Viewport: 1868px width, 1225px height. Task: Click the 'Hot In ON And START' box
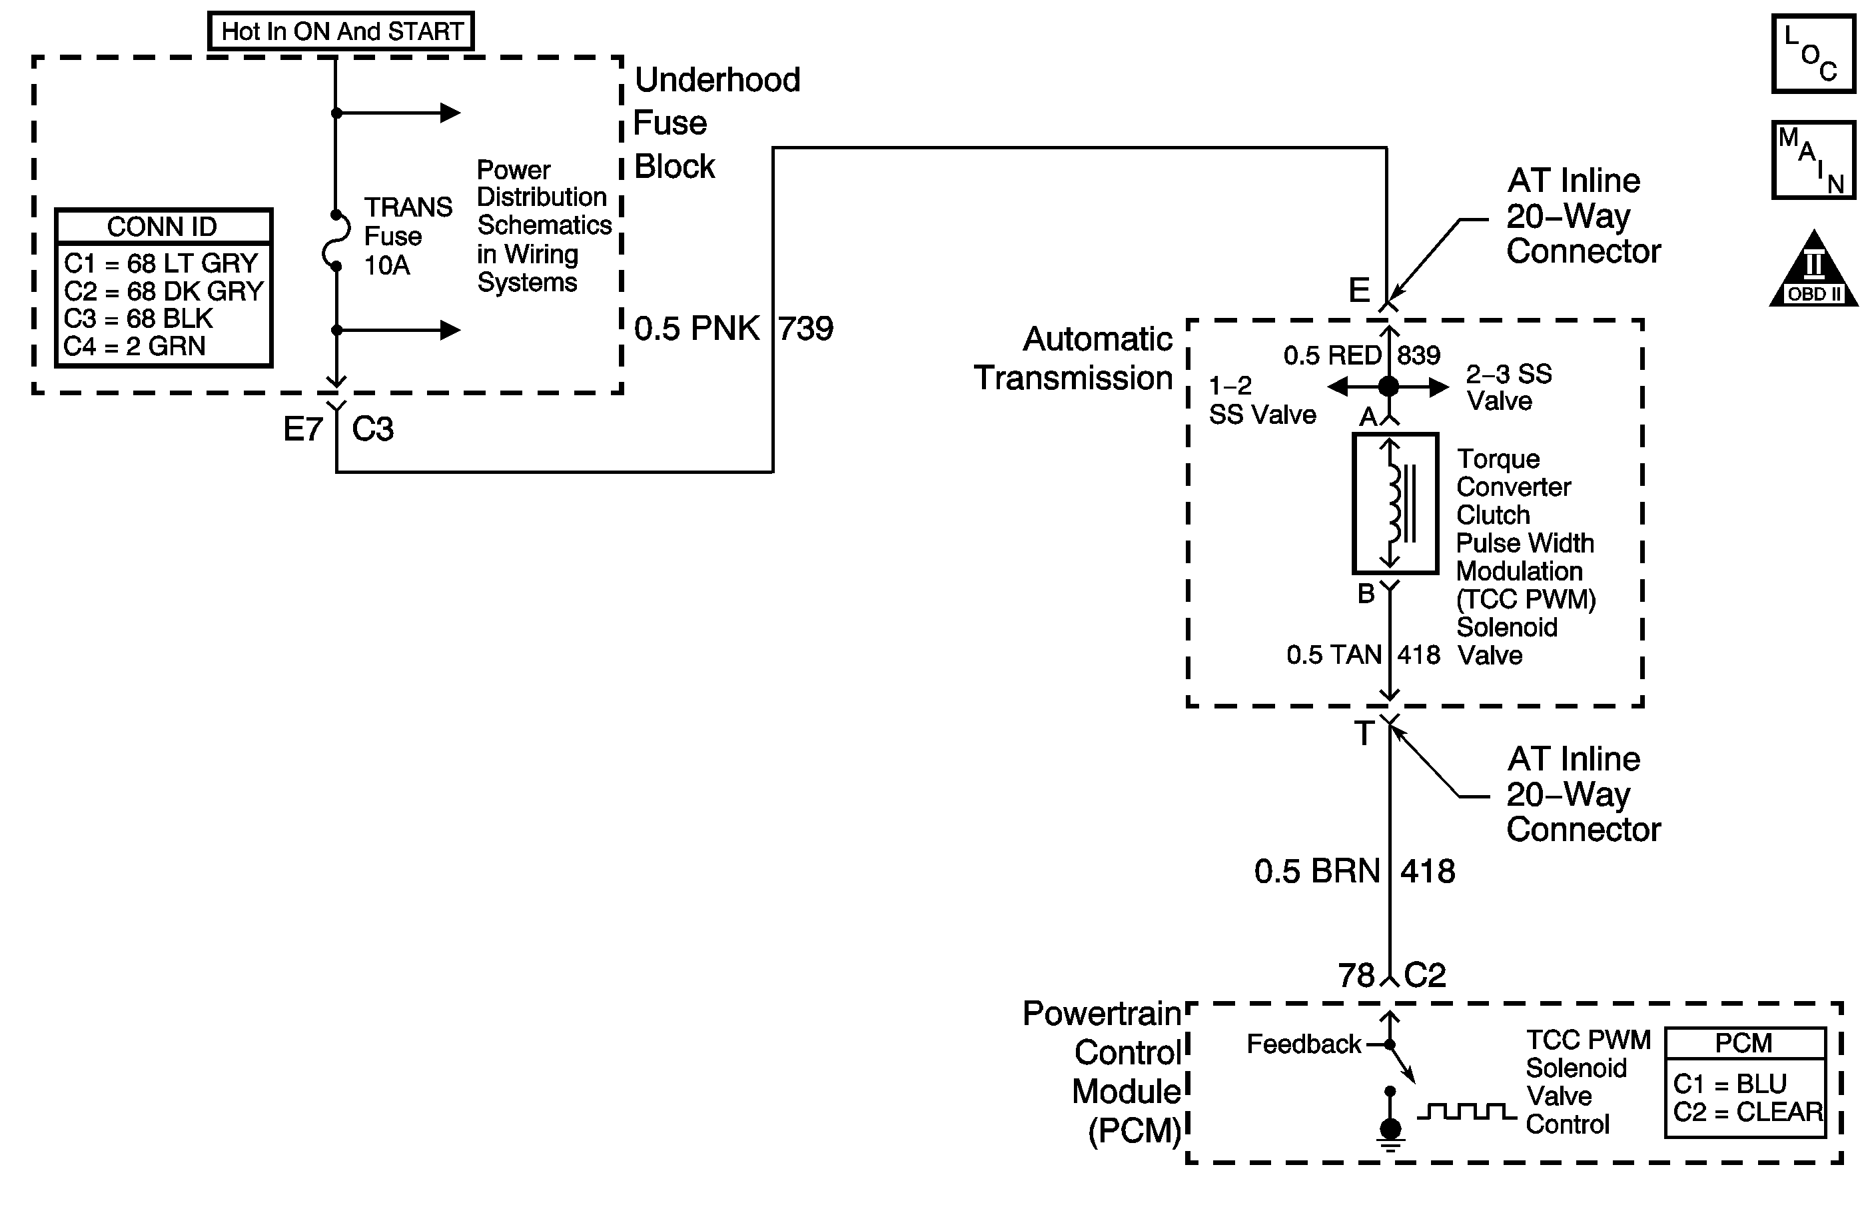pyautogui.click(x=340, y=31)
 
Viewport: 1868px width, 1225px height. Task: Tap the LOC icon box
pyautogui.click(x=1813, y=53)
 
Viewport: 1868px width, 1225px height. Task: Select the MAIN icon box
pyautogui.click(x=1813, y=159)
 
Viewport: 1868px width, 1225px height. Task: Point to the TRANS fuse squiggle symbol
pyautogui.click(x=336, y=241)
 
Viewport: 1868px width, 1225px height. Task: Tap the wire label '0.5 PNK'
pyautogui.click(x=696, y=328)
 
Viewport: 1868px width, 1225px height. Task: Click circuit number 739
pyautogui.click(x=806, y=328)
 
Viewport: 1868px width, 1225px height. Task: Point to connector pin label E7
pyautogui.click(x=303, y=429)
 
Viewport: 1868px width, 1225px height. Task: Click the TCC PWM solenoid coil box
pyautogui.click(x=1395, y=503)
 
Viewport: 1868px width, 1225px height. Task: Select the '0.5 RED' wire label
pyautogui.click(x=1332, y=356)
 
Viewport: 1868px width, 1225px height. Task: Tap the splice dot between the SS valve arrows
pyautogui.click(x=1388, y=387)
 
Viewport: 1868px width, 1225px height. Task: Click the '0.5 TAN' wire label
pyautogui.click(x=1334, y=655)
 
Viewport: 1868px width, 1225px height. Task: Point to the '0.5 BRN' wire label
pyautogui.click(x=1317, y=871)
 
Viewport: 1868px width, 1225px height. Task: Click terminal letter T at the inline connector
pyautogui.click(x=1364, y=733)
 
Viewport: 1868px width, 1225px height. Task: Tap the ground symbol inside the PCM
pyautogui.click(x=1390, y=1134)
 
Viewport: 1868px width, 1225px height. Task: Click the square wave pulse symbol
pyautogui.click(x=1466, y=1112)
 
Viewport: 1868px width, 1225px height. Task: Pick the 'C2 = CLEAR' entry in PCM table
pyautogui.click(x=1748, y=1112)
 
